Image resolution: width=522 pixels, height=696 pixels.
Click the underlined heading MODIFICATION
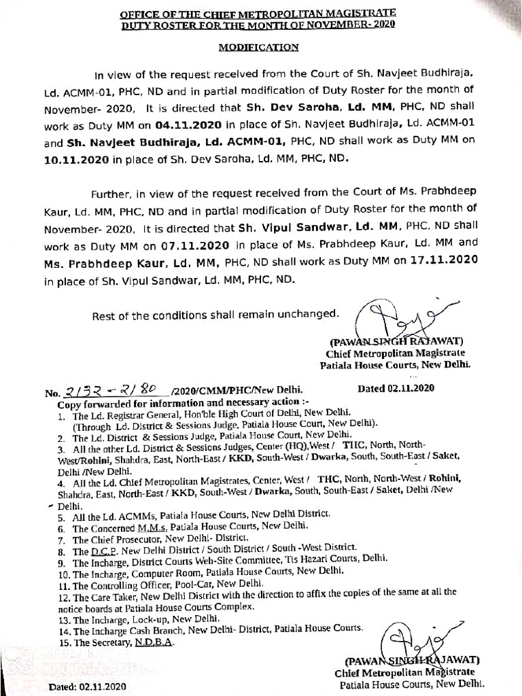[x=258, y=48]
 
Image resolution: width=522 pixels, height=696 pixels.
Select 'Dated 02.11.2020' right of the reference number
[x=396, y=389]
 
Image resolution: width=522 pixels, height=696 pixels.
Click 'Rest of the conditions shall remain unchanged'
[x=215, y=314]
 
